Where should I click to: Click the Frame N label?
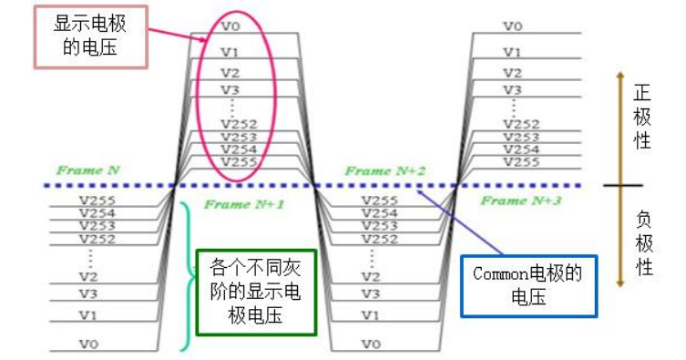click(x=87, y=170)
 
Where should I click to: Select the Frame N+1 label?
click(x=244, y=205)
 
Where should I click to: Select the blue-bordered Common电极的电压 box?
click(x=528, y=285)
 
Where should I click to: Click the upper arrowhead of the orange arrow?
click(x=619, y=77)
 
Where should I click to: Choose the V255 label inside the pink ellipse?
click(x=239, y=162)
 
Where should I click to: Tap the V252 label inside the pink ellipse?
click(x=239, y=123)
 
